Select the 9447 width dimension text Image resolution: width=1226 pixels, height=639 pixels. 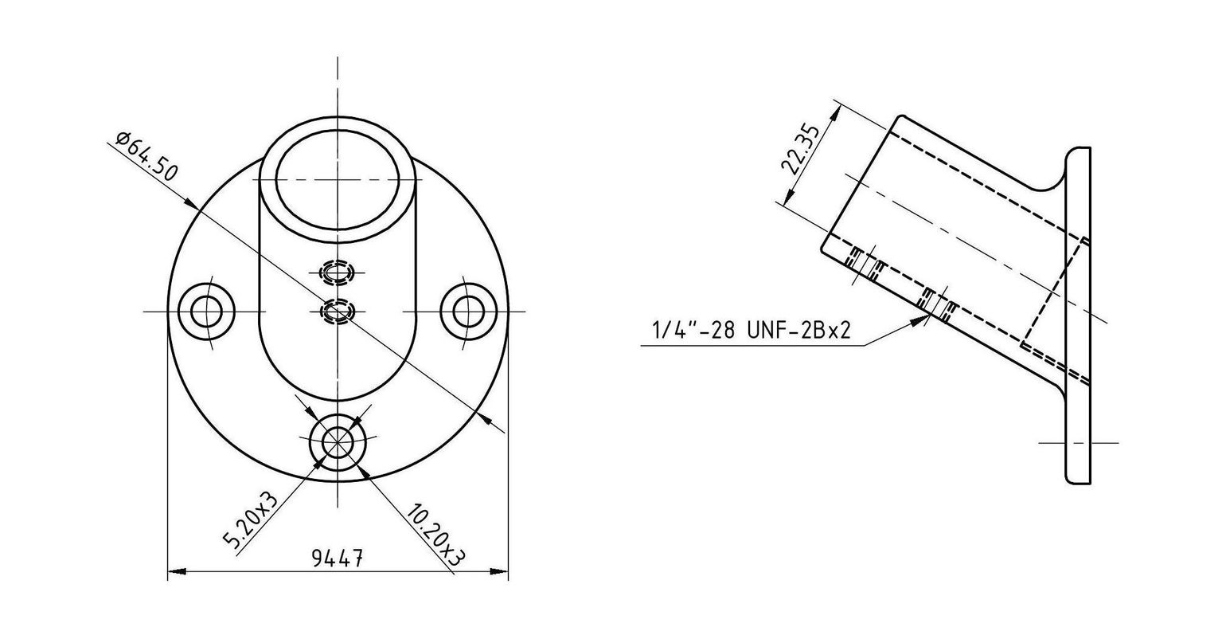(338, 559)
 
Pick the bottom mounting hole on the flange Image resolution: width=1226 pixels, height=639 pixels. (338, 441)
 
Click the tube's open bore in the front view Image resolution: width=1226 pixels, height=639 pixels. (338, 177)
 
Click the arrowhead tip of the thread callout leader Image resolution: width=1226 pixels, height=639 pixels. (929, 317)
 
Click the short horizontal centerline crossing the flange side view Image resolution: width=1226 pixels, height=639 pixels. (1079, 441)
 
